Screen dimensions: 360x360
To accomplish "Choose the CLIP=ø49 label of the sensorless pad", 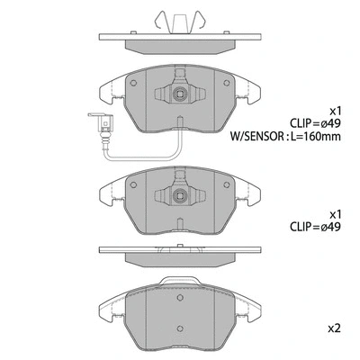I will point(315,230).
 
